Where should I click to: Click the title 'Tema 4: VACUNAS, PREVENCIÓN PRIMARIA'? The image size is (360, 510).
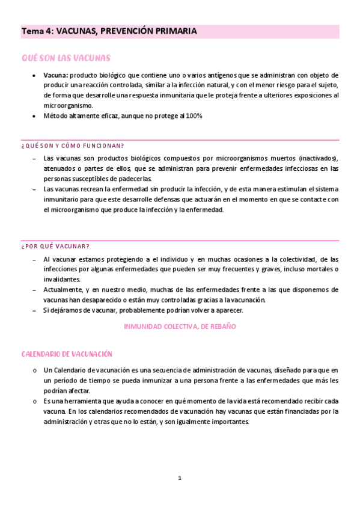109,31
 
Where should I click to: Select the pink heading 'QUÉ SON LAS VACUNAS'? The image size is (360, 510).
66,58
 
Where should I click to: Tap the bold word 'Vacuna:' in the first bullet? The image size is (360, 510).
56,75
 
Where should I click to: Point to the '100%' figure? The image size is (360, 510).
194,116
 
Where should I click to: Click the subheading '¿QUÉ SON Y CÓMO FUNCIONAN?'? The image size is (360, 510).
73,146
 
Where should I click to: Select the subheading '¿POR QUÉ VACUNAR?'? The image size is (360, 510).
55,247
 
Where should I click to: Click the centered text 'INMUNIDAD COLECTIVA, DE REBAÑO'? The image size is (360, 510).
180,326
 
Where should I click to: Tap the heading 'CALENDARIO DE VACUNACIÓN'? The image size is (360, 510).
67,354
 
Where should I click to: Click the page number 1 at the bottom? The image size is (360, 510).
180,478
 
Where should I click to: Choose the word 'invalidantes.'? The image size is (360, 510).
62,280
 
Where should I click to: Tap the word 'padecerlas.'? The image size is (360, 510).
135,179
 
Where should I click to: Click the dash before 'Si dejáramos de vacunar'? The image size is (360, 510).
34,310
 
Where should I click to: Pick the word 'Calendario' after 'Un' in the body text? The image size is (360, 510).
71,370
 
